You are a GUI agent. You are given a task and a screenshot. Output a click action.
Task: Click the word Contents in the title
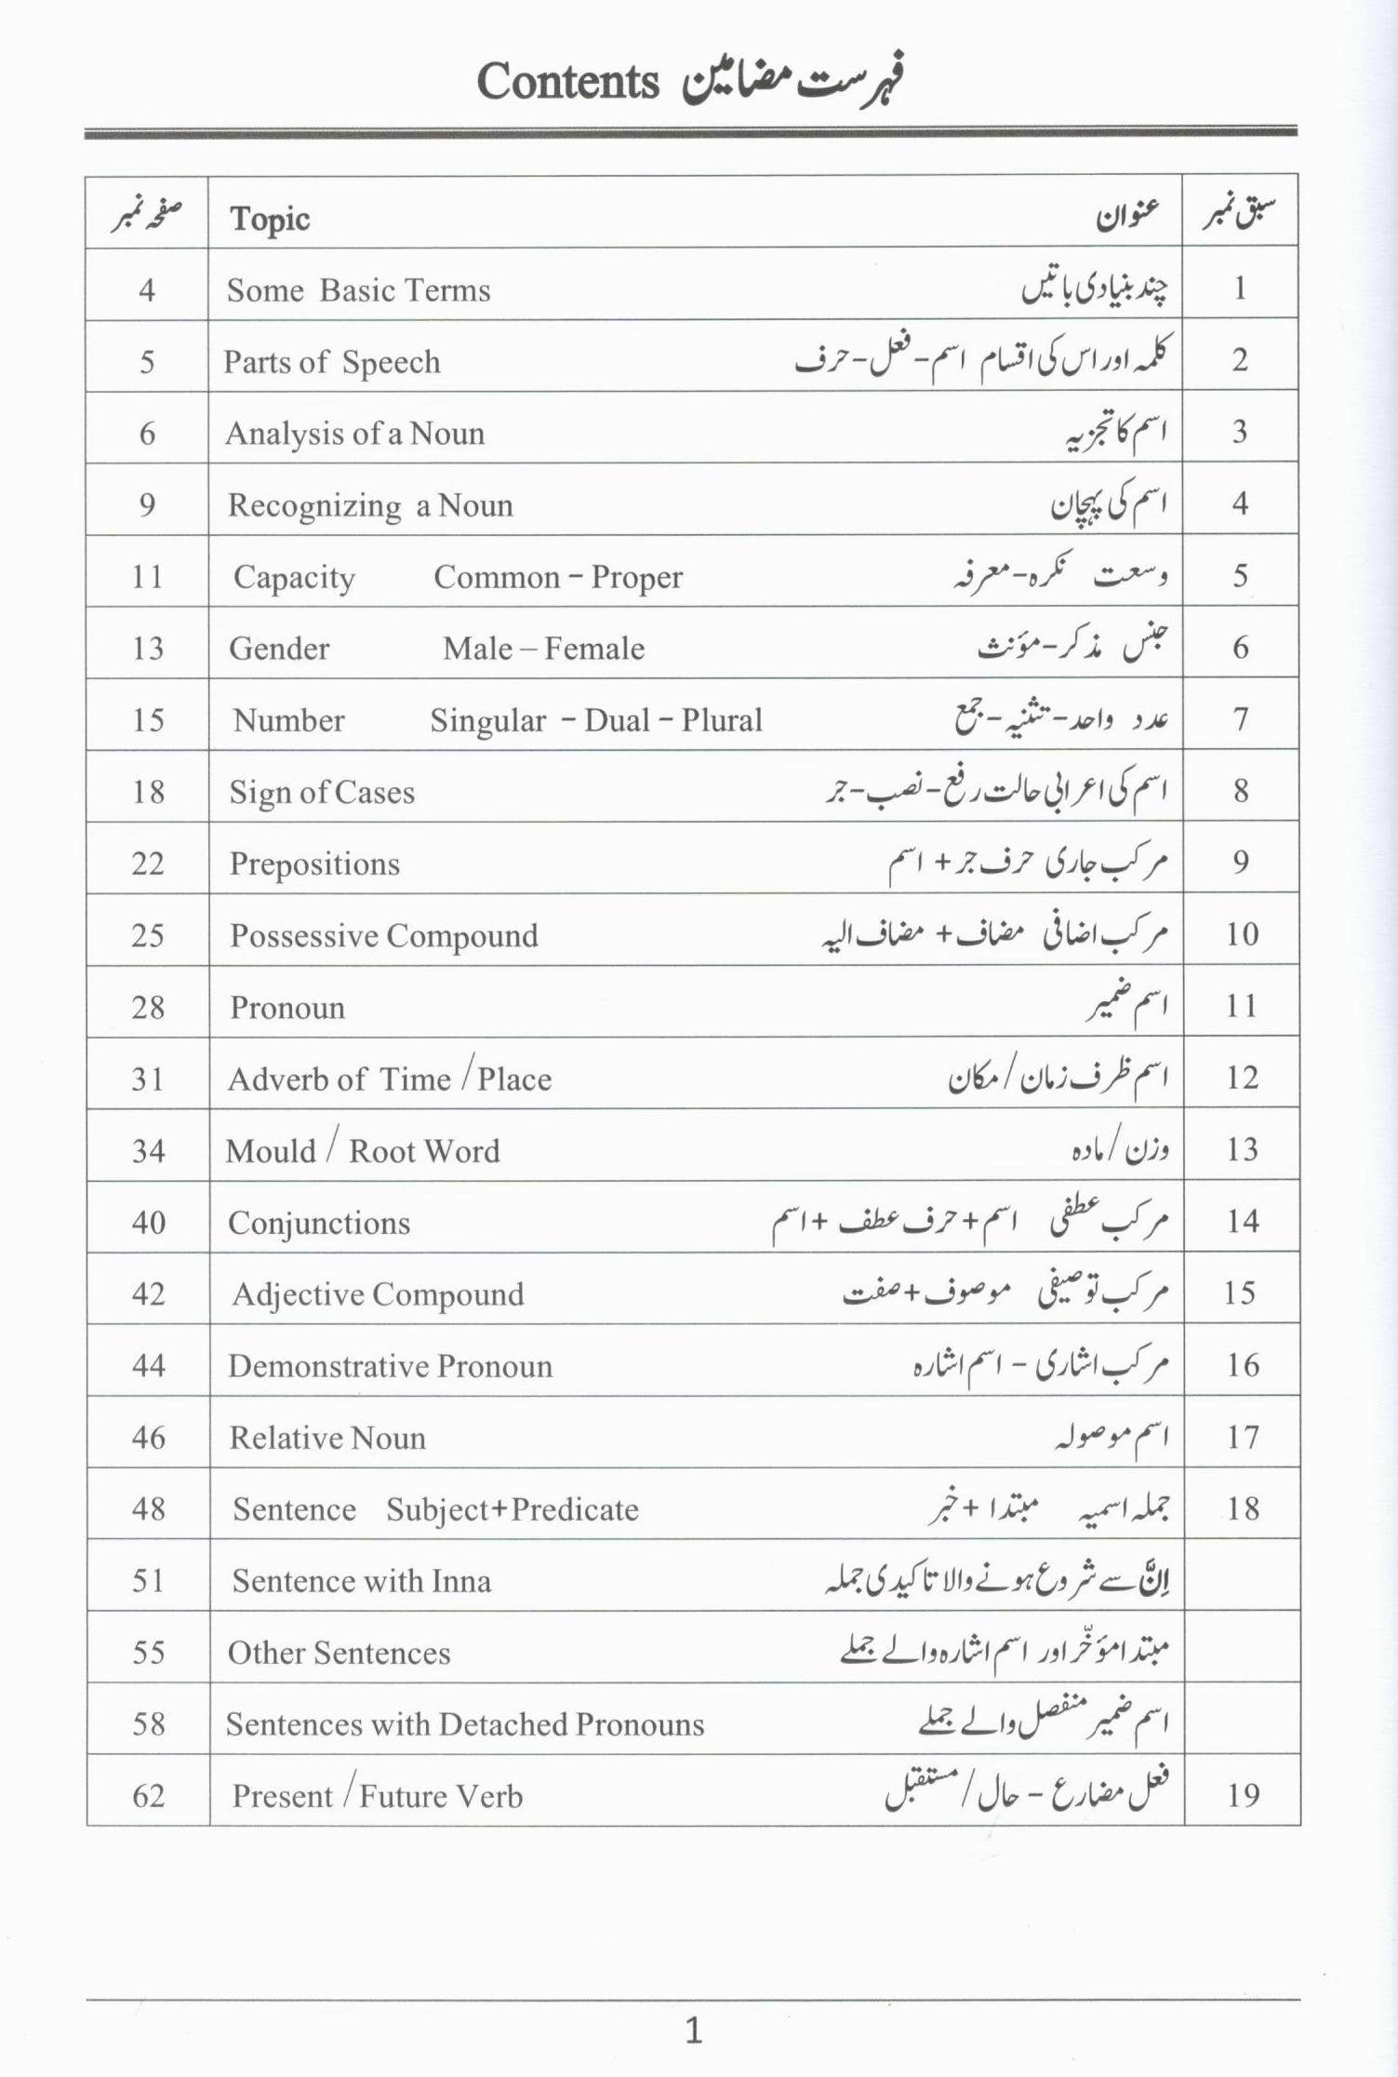coord(567,82)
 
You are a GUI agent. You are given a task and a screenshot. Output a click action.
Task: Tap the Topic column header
coord(270,220)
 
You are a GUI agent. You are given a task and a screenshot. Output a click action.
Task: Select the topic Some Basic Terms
coord(358,290)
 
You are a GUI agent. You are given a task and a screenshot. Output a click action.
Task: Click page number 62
coord(149,1795)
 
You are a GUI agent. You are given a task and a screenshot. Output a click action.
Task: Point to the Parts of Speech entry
coord(332,362)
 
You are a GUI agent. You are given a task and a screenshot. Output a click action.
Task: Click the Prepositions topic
coord(314,864)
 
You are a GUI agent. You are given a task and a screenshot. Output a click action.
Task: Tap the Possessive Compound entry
coord(383,935)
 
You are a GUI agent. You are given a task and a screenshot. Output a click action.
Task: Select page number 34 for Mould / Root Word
coord(149,1151)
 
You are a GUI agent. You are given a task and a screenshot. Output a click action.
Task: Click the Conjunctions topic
coord(319,1223)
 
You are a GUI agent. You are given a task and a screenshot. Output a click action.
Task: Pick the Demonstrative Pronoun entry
coord(390,1366)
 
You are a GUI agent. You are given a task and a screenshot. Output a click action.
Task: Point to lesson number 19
coord(1243,1794)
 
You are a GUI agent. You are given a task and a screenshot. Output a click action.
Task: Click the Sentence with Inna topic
coord(362,1581)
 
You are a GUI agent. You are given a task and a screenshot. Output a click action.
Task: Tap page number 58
coord(149,1723)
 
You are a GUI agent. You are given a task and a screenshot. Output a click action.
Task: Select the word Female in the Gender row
coord(594,649)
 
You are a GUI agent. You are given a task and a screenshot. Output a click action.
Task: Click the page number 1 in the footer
coord(694,2030)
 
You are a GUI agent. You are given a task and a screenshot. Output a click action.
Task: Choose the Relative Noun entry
coord(327,1438)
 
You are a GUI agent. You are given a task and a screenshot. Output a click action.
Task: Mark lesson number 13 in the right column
coord(1243,1149)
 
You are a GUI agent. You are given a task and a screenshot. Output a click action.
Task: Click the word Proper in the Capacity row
coord(637,577)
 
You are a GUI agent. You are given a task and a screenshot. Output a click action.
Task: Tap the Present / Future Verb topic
coord(377,1796)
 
